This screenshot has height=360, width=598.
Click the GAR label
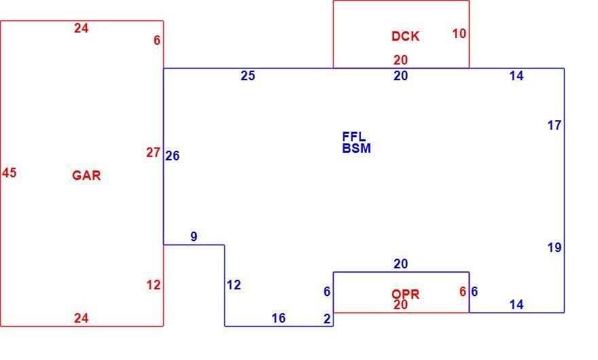pyautogui.click(x=86, y=175)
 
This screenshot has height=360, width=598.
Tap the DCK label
pyautogui.click(x=406, y=36)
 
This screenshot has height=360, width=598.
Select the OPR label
pyautogui.click(x=406, y=294)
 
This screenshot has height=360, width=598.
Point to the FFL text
pyautogui.click(x=354, y=137)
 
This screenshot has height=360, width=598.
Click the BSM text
pyautogui.click(x=357, y=148)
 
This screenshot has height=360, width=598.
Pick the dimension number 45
pyautogui.click(x=9, y=173)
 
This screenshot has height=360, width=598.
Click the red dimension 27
pyautogui.click(x=153, y=153)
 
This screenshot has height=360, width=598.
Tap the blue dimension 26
pyautogui.click(x=173, y=156)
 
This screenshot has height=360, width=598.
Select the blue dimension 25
pyautogui.click(x=248, y=75)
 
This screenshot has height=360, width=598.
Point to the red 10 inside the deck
pyautogui.click(x=459, y=33)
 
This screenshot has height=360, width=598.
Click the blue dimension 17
pyautogui.click(x=555, y=125)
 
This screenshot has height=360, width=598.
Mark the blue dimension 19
pyautogui.click(x=555, y=247)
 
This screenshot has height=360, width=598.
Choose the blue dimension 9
pyautogui.click(x=194, y=236)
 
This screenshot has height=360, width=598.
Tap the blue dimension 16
pyautogui.click(x=279, y=318)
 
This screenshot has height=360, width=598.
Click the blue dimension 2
pyautogui.click(x=327, y=319)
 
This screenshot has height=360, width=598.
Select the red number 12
pyautogui.click(x=154, y=285)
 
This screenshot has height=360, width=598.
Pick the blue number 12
pyautogui.click(x=234, y=285)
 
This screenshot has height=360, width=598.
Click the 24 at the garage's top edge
pyautogui.click(x=82, y=29)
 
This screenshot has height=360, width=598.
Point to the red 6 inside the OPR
pyautogui.click(x=463, y=292)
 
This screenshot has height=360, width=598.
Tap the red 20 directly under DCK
pyautogui.click(x=401, y=60)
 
